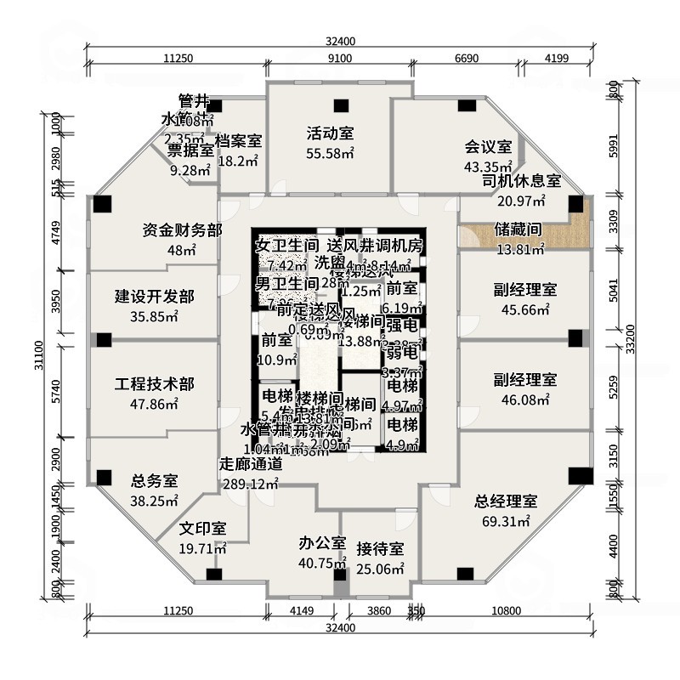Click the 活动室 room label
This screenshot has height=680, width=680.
(x=330, y=133)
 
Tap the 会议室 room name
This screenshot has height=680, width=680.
(x=488, y=146)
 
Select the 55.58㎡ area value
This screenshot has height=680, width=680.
(x=330, y=153)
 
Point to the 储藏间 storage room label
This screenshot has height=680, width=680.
(x=518, y=229)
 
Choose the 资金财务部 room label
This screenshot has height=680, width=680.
(x=182, y=230)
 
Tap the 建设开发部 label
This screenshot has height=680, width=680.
(x=154, y=297)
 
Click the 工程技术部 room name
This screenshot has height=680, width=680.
(x=154, y=384)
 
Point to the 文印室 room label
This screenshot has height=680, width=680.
(x=202, y=528)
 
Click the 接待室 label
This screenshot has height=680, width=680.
(x=379, y=548)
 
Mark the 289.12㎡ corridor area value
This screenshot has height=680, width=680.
(x=250, y=484)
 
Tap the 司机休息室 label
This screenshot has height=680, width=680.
(x=521, y=180)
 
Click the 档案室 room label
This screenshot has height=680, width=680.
(x=238, y=140)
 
